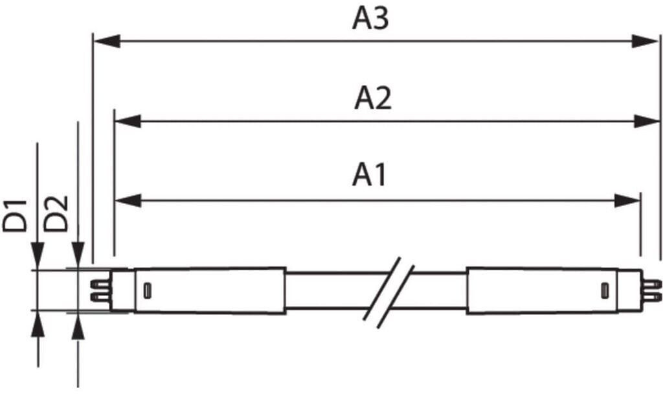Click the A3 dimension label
tap(370, 19)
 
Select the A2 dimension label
tap(372, 98)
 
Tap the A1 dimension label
tap(369, 175)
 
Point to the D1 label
tap(16, 216)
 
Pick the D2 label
tap(56, 214)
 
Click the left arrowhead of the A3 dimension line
tap(107, 41)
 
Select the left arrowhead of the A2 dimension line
tap(128, 121)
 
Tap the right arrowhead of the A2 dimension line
tap(647, 121)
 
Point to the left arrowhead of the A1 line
tap(128, 201)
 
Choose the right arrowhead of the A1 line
tap(627, 201)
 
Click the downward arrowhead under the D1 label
tap(38, 255)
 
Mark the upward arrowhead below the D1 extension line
tap(38, 324)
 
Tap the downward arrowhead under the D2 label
tap(78, 254)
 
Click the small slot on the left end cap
tap(147, 290)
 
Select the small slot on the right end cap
tap(605, 290)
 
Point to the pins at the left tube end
tap(100, 290)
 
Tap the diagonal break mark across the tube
tap(389, 292)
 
